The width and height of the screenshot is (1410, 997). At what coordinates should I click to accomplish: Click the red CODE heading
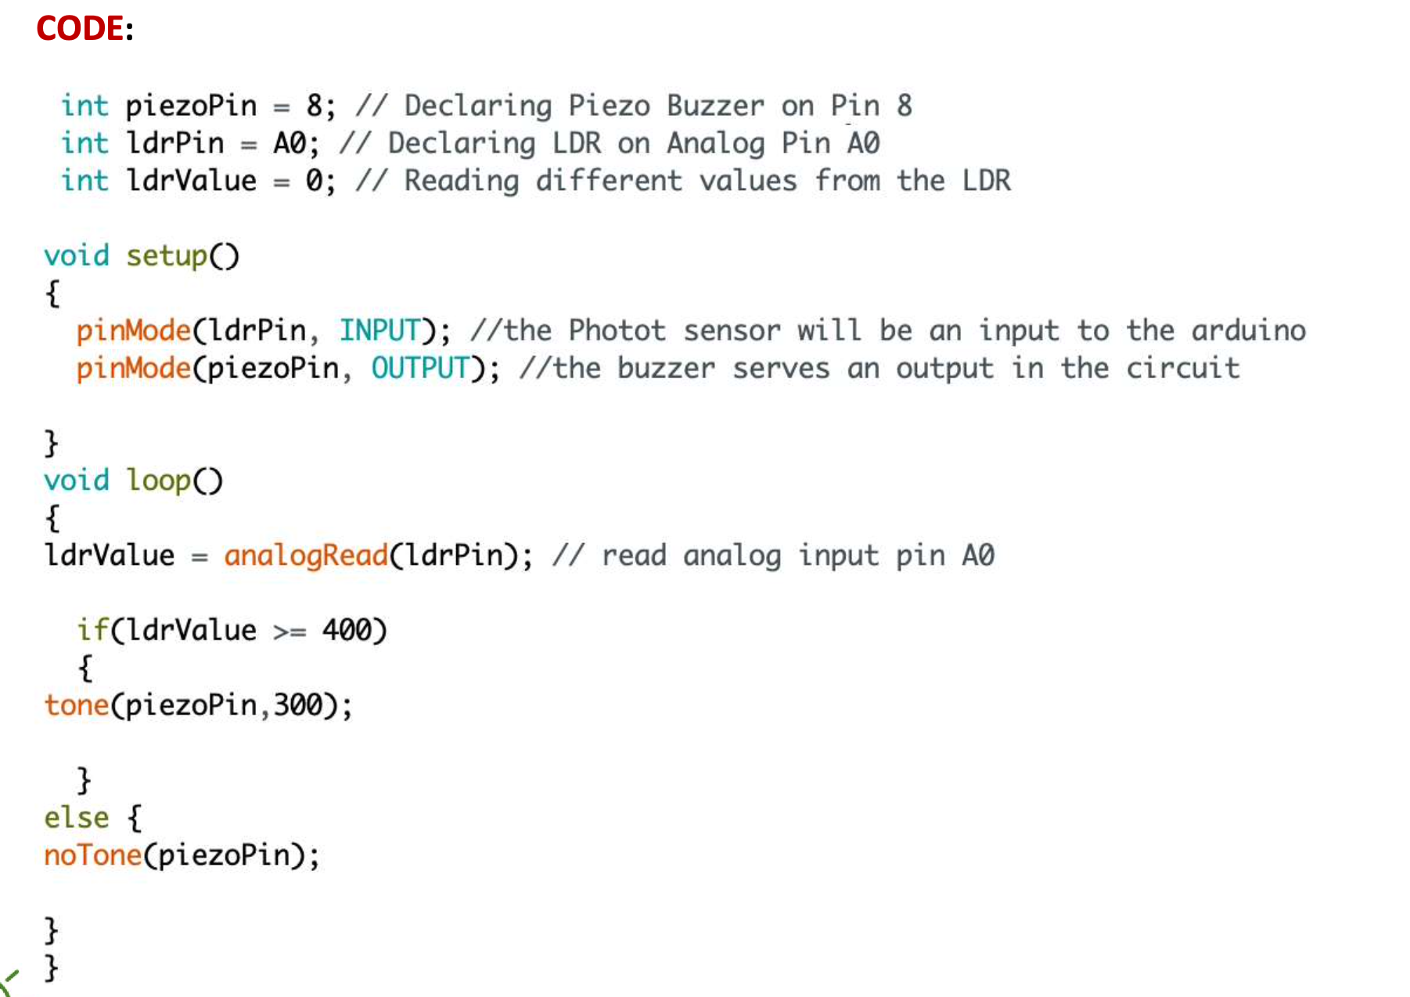80,29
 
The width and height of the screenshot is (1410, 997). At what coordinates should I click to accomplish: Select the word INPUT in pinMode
379,330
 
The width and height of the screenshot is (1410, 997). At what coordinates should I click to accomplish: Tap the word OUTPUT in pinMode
419,368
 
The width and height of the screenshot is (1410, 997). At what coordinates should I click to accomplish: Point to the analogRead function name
306,555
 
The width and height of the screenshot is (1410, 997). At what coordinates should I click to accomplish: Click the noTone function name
92,855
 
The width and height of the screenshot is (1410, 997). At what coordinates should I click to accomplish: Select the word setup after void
167,256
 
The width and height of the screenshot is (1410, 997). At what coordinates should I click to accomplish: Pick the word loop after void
159,480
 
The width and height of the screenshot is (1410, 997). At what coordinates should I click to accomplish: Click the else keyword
77,817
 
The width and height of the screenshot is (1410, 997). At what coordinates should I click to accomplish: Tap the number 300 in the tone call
297,705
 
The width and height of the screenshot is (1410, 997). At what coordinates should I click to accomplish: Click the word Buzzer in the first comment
715,106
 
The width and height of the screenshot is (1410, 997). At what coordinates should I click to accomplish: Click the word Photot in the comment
617,330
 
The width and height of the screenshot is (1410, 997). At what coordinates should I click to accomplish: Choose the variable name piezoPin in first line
191,106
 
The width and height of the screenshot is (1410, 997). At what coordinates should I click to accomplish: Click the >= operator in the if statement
290,631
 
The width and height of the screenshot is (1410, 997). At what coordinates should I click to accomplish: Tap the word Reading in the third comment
461,181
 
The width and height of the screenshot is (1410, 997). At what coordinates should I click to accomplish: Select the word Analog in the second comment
715,143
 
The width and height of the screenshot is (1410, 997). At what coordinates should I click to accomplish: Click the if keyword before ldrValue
92,630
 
